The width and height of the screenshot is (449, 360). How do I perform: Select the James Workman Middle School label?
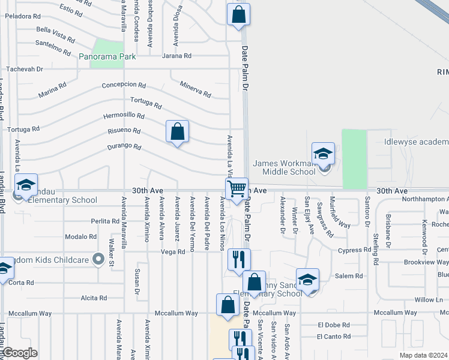coord(284,167)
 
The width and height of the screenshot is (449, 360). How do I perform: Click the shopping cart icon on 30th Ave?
coord(237,188)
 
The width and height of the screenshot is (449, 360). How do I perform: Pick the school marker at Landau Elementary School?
coord(26,185)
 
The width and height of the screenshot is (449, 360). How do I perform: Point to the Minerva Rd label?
coord(196,89)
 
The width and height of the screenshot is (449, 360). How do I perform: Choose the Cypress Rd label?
coord(354,250)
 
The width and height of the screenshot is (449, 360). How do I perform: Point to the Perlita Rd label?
coord(94,221)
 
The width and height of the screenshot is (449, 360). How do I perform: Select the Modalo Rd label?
coord(80,237)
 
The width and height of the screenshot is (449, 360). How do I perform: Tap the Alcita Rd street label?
coord(94,298)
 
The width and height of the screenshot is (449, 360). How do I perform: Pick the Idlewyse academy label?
coord(416,142)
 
